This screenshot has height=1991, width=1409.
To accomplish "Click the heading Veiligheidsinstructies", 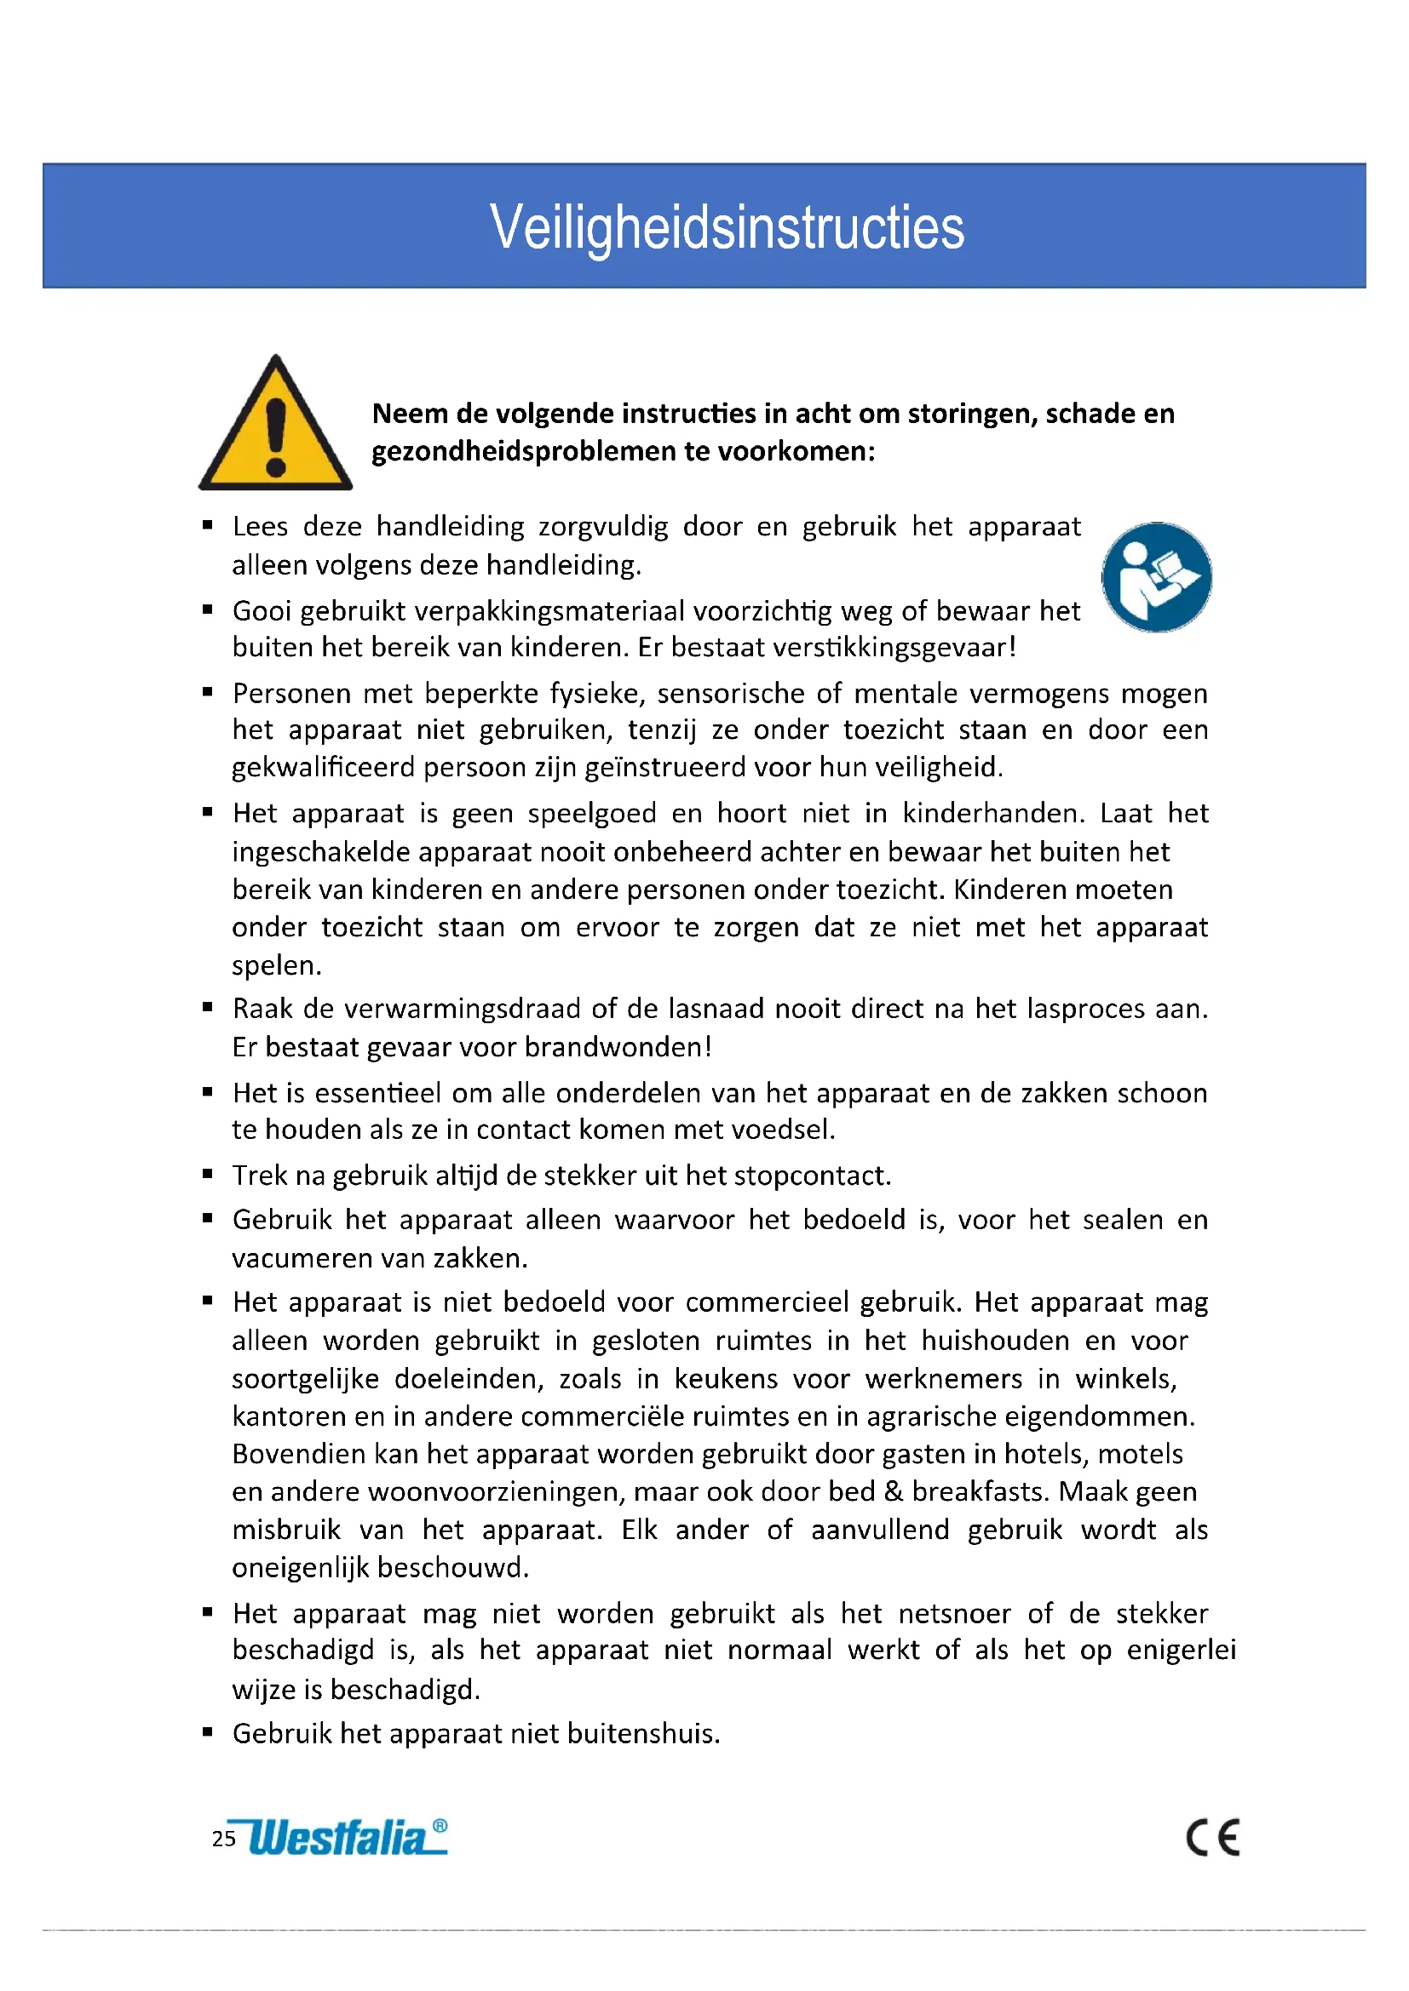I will point(727,227).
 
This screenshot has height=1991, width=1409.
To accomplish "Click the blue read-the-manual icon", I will point(1157,576).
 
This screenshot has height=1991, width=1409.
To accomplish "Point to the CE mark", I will point(1213,1838).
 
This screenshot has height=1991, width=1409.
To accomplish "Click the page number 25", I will point(224,1839).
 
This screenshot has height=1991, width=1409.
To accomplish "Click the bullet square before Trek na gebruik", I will point(207,1174).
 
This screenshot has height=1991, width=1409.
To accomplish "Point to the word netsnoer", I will point(954,1614).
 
